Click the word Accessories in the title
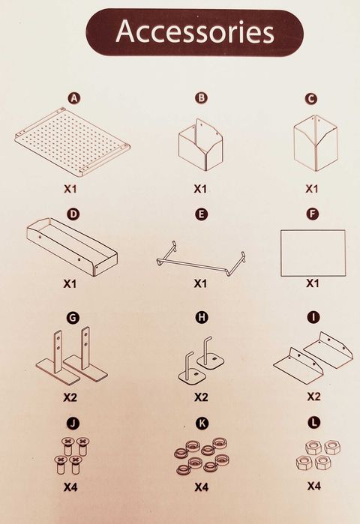(x=194, y=32)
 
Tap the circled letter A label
(x=73, y=98)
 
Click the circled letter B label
(x=201, y=98)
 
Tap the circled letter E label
(x=201, y=214)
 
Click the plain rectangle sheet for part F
(x=313, y=253)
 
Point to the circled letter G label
(x=73, y=318)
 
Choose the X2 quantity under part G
(x=70, y=397)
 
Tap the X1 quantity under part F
(x=313, y=284)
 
